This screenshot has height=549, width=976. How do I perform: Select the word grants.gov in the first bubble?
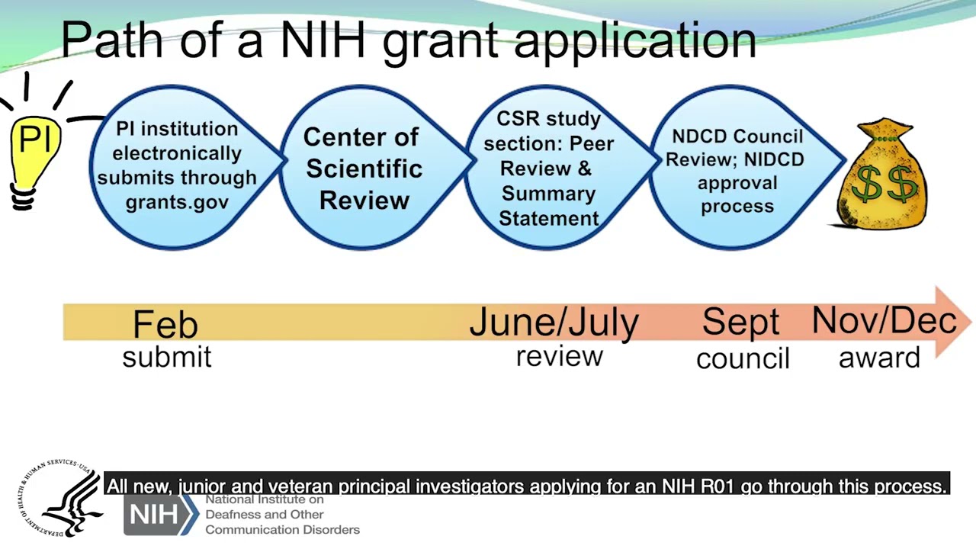178,202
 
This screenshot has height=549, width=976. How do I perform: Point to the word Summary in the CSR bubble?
548,194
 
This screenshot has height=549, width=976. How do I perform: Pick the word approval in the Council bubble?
737,184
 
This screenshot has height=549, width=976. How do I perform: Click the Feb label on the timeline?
165,324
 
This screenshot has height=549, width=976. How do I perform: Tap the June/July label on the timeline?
554,323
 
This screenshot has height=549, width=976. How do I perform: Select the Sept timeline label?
740,322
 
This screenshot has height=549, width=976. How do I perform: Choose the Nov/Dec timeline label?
884,321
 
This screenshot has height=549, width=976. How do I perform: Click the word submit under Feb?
167,357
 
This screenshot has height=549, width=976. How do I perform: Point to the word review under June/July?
560,356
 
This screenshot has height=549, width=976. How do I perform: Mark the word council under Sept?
743,358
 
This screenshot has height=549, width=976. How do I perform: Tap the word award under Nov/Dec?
880,358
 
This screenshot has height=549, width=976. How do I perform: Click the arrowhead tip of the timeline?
971,323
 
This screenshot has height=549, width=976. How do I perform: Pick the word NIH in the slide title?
323,40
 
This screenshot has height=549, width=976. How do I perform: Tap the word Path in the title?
112,40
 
